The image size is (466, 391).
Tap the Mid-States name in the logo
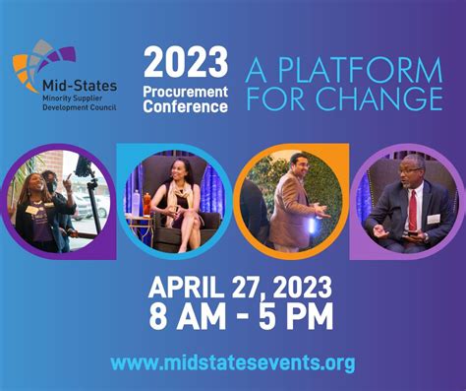pyautogui.click(x=81, y=72)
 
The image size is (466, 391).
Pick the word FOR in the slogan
pyautogui.click(x=289, y=100)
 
